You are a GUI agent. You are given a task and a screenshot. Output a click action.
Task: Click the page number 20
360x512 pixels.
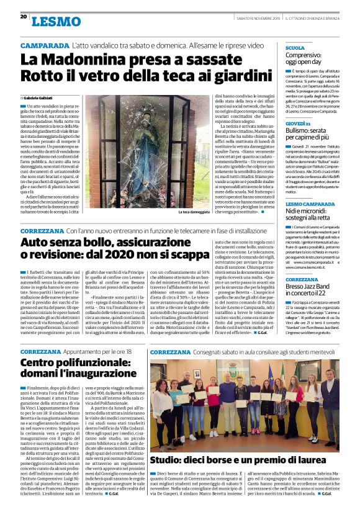pos(23,16)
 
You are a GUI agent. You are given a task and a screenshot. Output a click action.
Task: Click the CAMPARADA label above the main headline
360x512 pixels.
pos(44,47)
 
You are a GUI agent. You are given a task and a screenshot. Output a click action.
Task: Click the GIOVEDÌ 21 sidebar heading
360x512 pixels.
pos(298,124)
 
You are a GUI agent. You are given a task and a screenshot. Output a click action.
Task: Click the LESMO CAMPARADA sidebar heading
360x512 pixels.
pos(310,204)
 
